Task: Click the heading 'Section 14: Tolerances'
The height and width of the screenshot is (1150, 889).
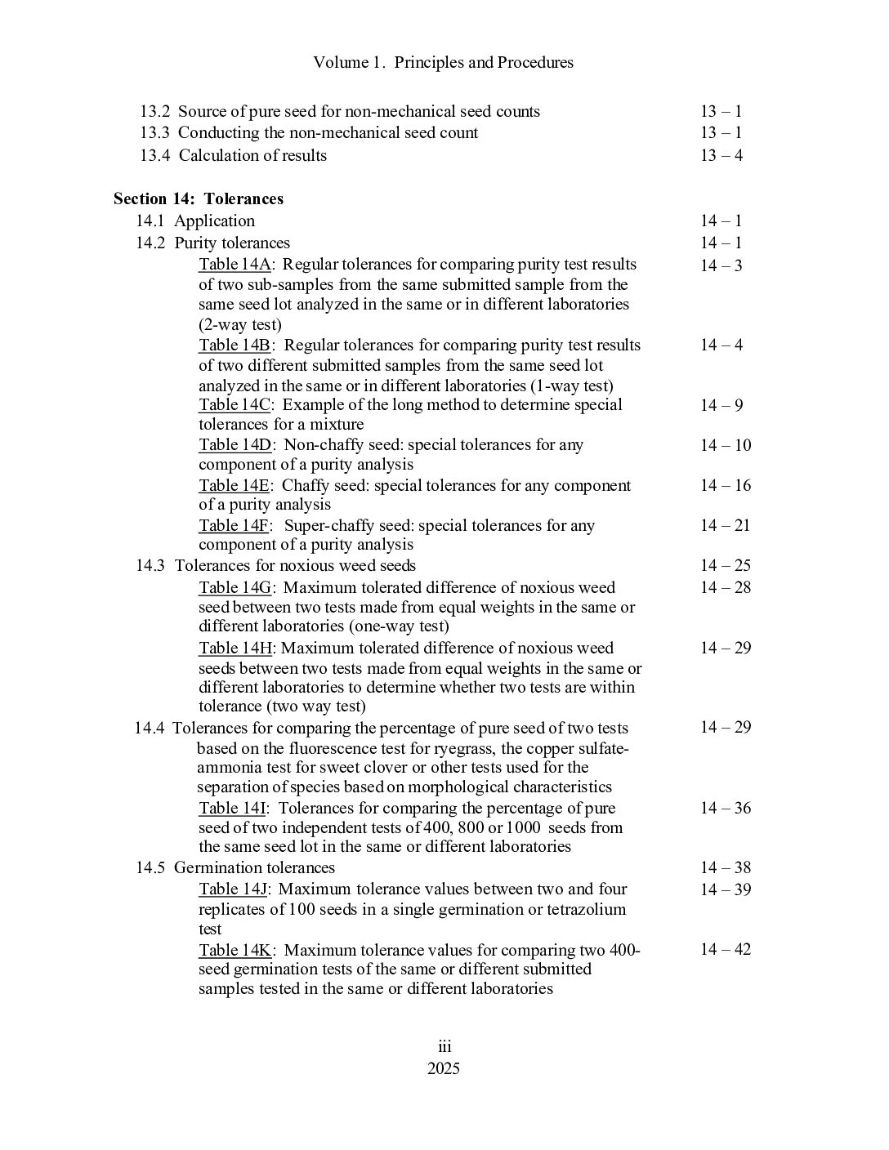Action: (199, 198)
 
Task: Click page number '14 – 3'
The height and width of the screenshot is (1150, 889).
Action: (721, 265)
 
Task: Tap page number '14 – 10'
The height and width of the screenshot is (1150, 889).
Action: (725, 445)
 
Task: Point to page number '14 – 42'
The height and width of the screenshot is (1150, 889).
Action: (725, 949)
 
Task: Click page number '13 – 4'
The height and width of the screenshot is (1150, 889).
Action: (721, 155)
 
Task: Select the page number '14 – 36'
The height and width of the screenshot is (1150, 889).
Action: (725, 808)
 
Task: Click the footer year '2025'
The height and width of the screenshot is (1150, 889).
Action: (444, 1069)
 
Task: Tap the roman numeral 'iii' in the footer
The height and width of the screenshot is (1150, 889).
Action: (444, 1048)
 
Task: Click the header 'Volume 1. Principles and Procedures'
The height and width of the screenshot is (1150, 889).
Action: (444, 62)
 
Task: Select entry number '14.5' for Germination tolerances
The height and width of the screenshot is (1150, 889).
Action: (150, 867)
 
